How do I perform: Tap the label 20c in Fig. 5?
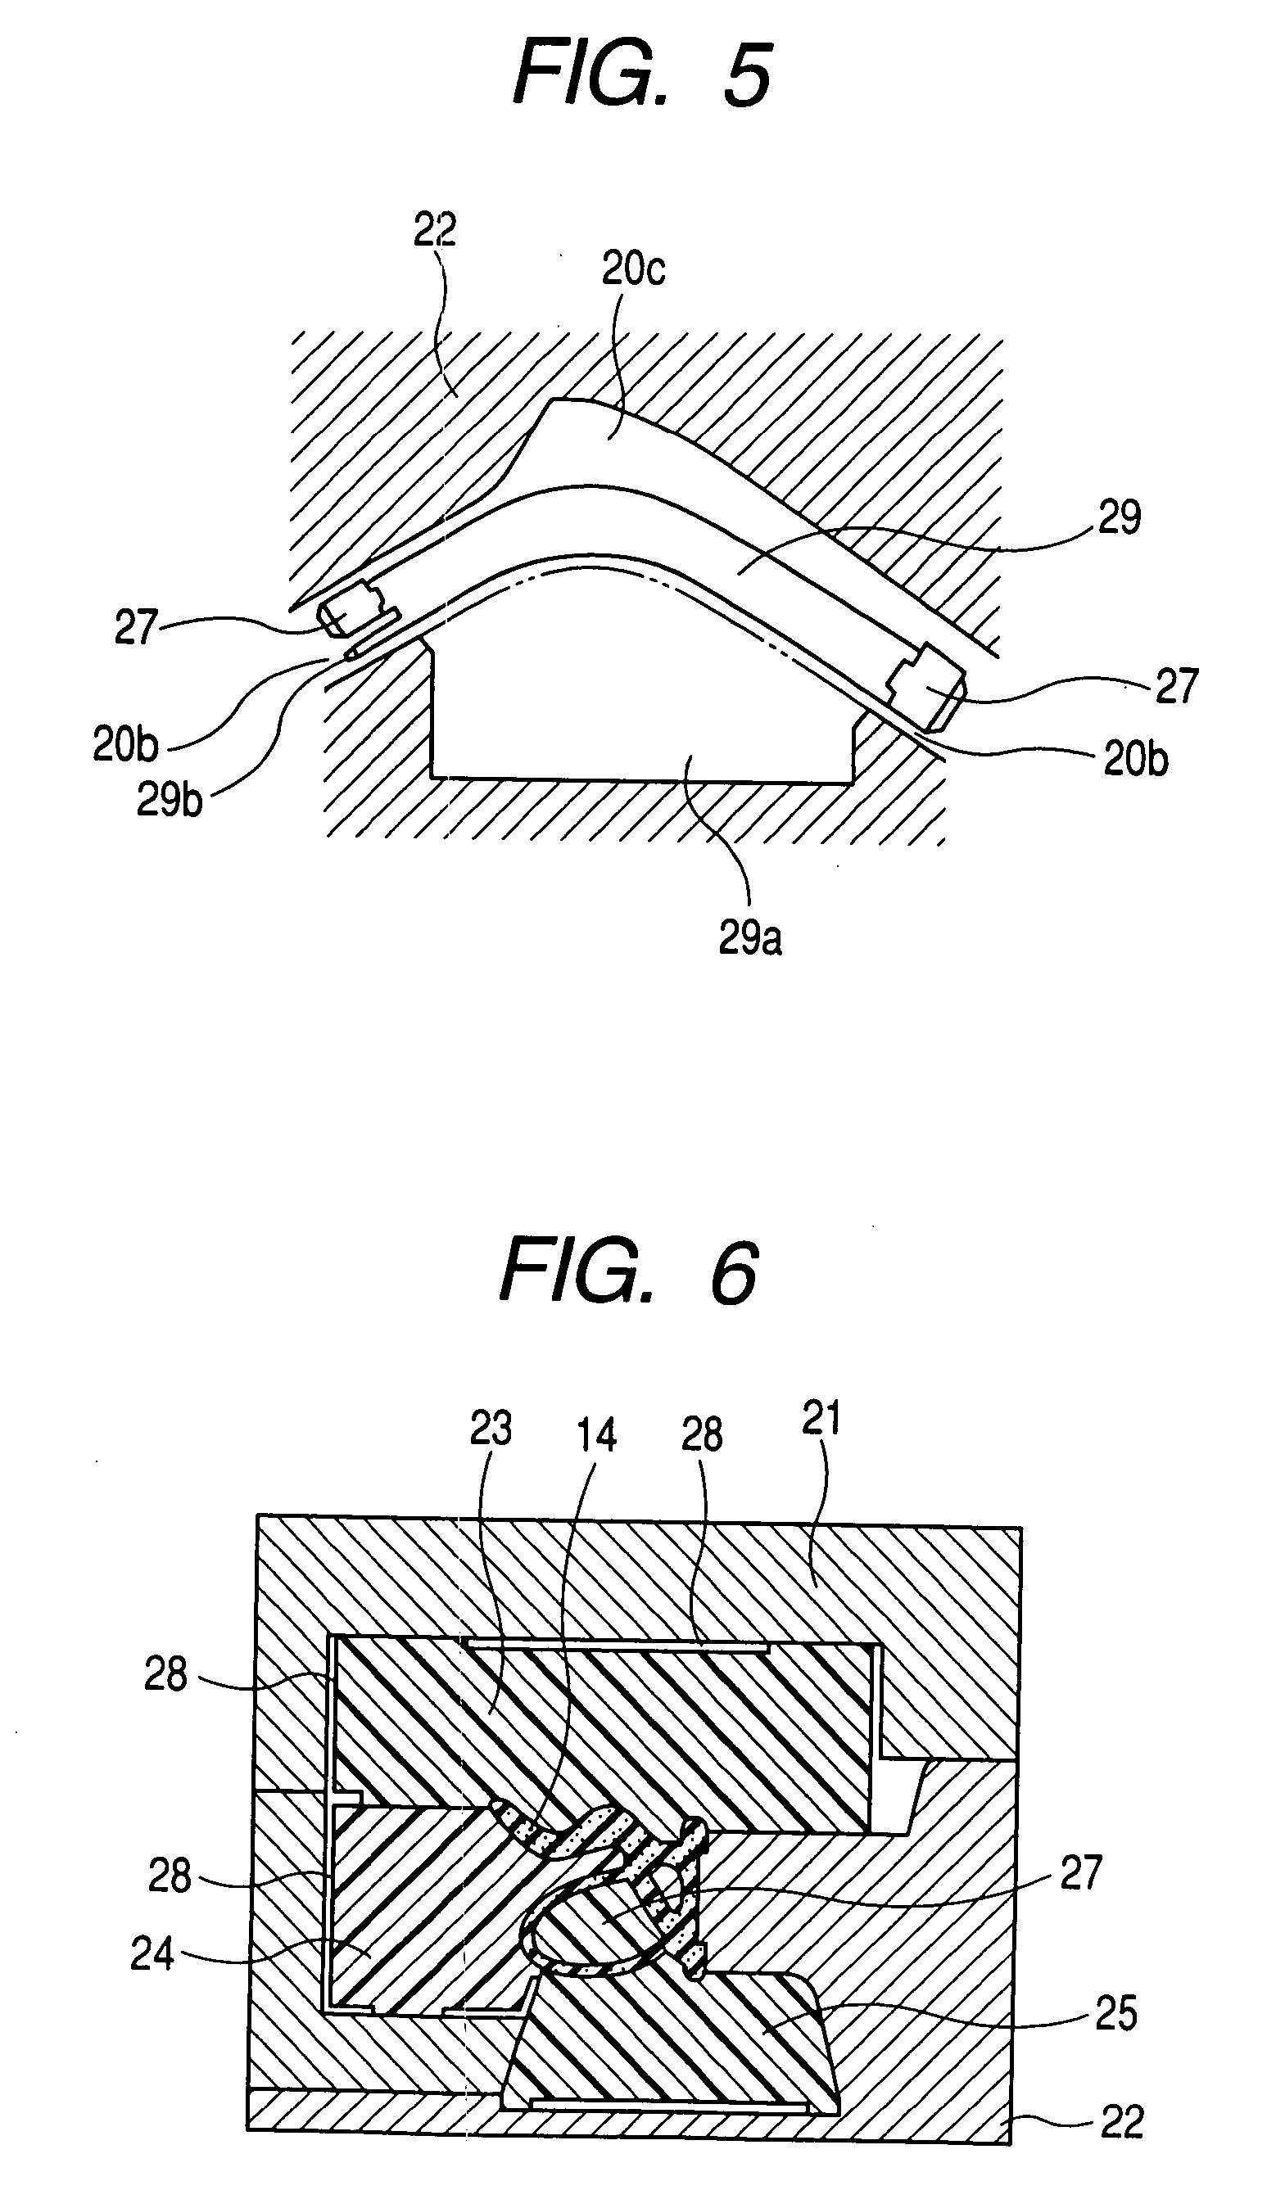pyautogui.click(x=633, y=269)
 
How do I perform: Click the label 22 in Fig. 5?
pyautogui.click(x=435, y=229)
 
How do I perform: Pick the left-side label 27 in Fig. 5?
pyautogui.click(x=135, y=627)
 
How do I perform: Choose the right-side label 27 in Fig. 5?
pyautogui.click(x=1177, y=686)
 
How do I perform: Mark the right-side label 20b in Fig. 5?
pyautogui.click(x=1135, y=759)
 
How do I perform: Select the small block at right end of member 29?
pyautogui.click(x=927, y=690)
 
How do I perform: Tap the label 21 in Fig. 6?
pyautogui.click(x=821, y=1418)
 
